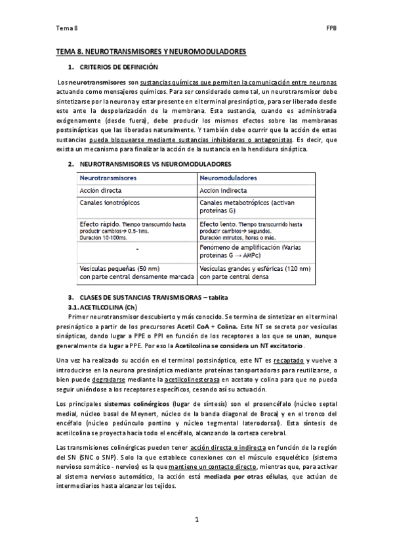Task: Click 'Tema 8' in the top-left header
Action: tap(66, 29)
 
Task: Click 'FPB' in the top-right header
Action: tap(331, 29)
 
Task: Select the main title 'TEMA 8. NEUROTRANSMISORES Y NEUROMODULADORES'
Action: tap(151, 50)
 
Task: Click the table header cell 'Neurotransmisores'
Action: tap(108, 178)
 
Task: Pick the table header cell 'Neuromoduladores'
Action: tap(229, 178)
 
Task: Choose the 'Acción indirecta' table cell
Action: tap(224, 191)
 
